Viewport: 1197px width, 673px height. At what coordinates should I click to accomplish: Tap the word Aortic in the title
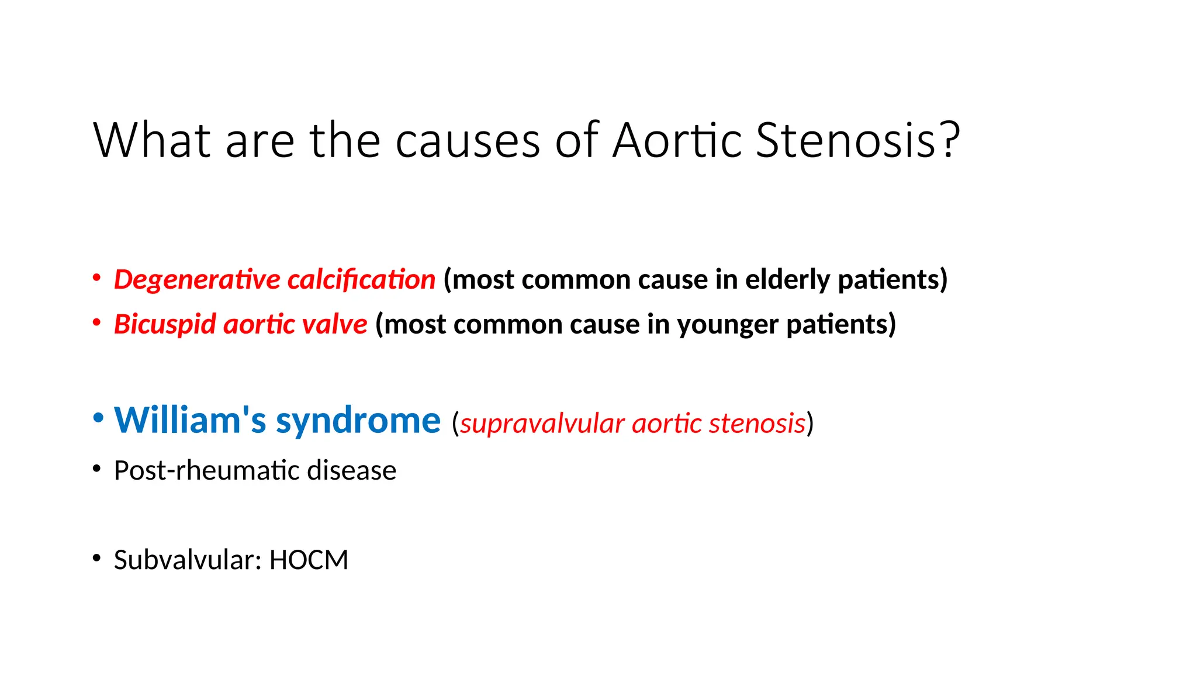click(677, 140)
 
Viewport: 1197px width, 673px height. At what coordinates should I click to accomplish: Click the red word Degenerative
click(197, 280)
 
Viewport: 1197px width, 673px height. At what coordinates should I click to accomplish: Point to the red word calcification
click(361, 280)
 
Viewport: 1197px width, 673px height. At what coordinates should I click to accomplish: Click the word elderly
click(787, 280)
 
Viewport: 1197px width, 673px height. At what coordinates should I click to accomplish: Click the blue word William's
click(191, 420)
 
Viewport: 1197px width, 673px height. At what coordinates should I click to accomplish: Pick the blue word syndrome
click(358, 421)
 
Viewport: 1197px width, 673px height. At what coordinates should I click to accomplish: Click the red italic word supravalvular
click(542, 424)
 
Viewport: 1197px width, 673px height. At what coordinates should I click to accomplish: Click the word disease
click(352, 471)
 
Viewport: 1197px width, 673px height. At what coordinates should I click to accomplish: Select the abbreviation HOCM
click(309, 560)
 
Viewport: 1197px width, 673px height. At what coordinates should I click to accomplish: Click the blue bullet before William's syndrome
click(98, 418)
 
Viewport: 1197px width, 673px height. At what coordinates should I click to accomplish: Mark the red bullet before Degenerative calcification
click(97, 277)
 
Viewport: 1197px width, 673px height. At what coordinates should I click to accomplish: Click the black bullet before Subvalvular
click(97, 558)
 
